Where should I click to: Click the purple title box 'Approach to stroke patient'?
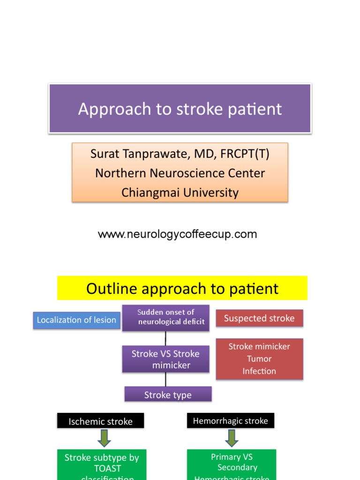(180, 109)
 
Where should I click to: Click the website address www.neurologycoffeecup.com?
(177, 234)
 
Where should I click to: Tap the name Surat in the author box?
(104, 154)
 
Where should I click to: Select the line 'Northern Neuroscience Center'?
(180, 173)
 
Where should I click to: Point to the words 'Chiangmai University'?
(180, 192)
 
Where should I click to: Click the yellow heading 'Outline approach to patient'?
(182, 288)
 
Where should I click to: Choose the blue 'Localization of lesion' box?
(76, 320)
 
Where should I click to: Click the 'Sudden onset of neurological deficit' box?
(165, 317)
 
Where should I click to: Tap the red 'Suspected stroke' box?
(259, 318)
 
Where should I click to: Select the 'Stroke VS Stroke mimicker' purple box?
(165, 359)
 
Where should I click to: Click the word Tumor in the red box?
(259, 359)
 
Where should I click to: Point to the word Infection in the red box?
(259, 371)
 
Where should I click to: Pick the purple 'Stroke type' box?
(168, 395)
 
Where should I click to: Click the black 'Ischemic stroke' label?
(100, 421)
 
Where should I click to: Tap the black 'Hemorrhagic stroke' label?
(231, 420)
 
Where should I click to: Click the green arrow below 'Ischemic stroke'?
(105, 438)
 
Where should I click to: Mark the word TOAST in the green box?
(107, 468)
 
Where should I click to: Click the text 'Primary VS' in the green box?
(232, 457)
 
